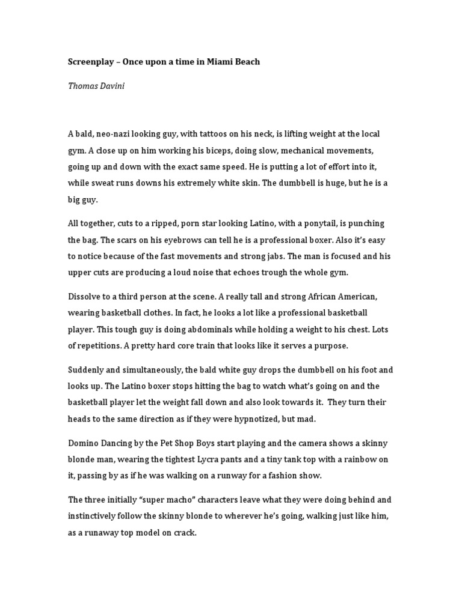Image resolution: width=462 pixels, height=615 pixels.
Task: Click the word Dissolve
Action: pyautogui.click(x=85, y=297)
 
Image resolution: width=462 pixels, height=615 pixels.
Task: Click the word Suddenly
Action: pyautogui.click(x=88, y=370)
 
